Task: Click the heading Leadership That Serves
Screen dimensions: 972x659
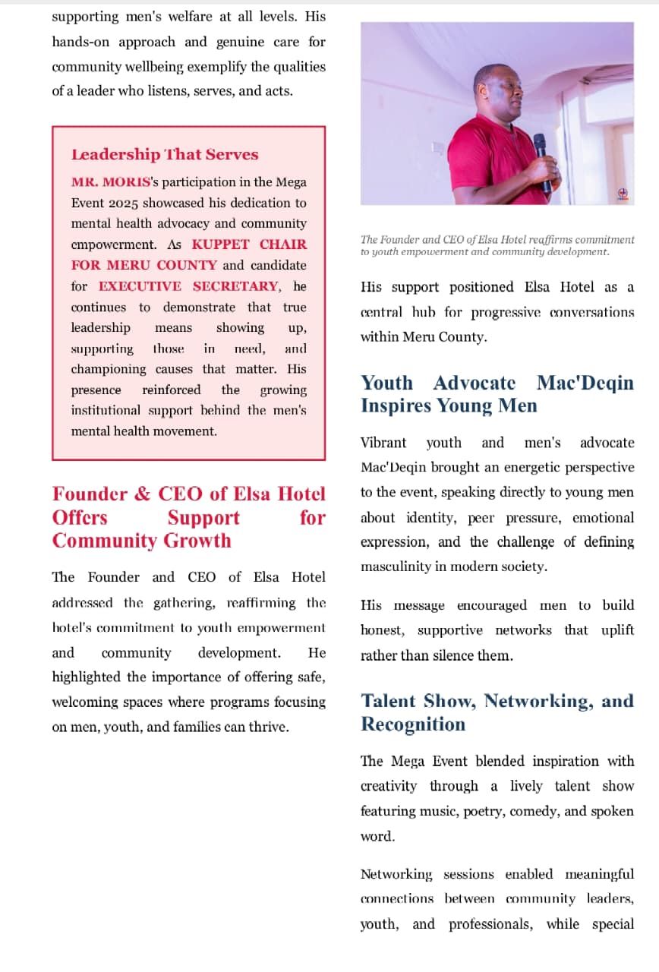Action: (165, 155)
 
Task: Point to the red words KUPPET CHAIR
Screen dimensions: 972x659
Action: (249, 245)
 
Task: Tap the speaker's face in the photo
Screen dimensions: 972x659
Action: (500, 91)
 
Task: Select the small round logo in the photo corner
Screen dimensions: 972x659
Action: (622, 193)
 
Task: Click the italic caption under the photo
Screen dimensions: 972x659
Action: (497, 245)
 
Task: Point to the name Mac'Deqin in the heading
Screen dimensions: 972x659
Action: (585, 383)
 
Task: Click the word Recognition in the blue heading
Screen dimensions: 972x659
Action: (413, 724)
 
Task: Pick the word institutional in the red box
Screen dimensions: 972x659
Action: (106, 411)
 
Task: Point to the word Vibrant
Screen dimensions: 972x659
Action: (383, 443)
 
